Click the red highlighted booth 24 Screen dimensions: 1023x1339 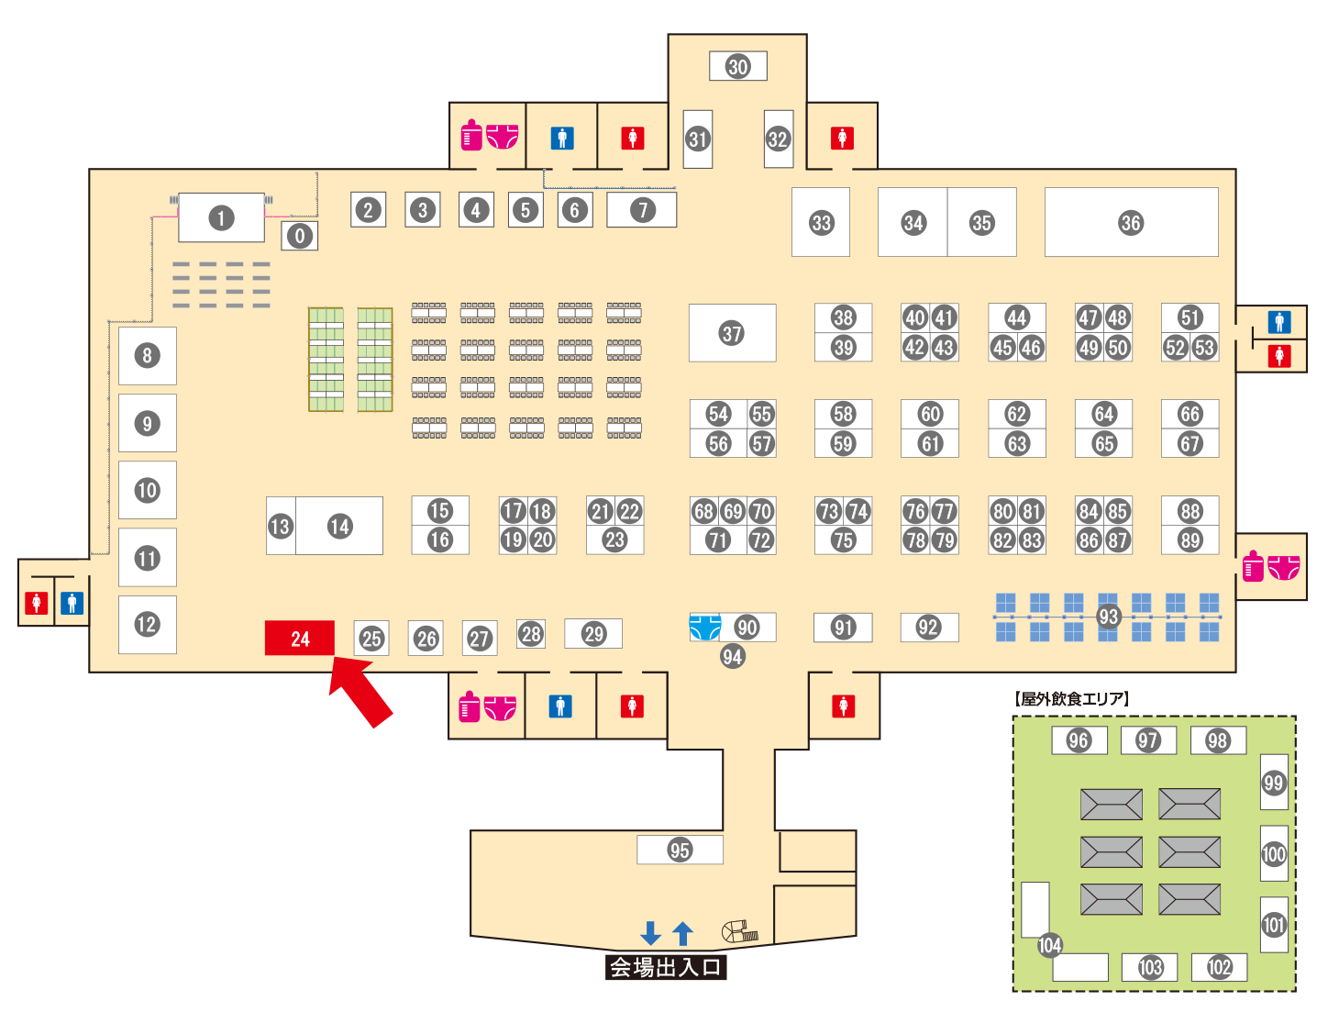300,639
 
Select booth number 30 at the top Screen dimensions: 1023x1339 738,66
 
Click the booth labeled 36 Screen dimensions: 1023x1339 1131,222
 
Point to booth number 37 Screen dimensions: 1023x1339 732,333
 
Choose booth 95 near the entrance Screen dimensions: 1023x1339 680,850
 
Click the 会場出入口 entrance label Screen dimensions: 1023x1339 666,967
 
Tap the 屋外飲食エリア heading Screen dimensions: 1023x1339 1072,699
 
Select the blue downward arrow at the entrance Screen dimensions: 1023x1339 650,933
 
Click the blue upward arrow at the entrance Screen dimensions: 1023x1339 682,933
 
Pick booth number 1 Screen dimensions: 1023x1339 221,218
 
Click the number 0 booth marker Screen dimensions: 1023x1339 300,236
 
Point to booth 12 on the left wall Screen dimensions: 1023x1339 147,625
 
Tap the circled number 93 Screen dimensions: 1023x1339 1108,617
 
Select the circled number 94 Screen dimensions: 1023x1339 732,656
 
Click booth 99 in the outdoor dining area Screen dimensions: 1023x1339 1274,782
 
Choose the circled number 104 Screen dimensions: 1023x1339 1049,945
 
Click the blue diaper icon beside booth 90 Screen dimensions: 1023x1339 704,628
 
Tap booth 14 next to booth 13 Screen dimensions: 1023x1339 340,526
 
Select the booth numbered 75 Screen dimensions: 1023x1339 843,540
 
